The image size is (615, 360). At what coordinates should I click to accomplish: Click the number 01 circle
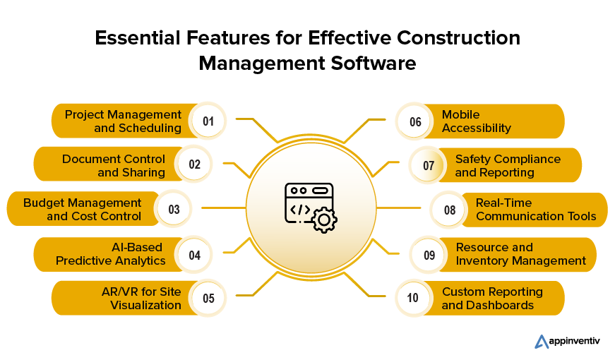click(x=208, y=121)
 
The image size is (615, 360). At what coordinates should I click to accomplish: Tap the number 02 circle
click(x=194, y=165)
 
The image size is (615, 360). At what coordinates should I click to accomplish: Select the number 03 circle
click(x=174, y=210)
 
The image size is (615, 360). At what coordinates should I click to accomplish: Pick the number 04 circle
click(x=194, y=254)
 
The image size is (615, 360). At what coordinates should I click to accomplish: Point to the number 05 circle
click(x=208, y=298)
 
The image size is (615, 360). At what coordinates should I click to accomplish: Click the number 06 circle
click(x=415, y=121)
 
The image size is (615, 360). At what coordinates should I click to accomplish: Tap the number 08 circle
click(x=450, y=210)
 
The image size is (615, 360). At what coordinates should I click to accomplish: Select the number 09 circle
click(x=429, y=254)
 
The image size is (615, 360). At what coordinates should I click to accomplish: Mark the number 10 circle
click(x=415, y=298)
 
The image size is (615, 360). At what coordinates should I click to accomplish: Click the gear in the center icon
click(x=324, y=220)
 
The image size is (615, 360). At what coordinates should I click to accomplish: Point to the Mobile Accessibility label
click(x=476, y=121)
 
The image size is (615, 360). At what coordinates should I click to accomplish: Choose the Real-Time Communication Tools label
click(x=536, y=210)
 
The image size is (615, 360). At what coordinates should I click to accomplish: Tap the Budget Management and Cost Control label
click(x=83, y=210)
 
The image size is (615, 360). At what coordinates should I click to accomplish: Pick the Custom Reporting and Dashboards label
click(x=492, y=298)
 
